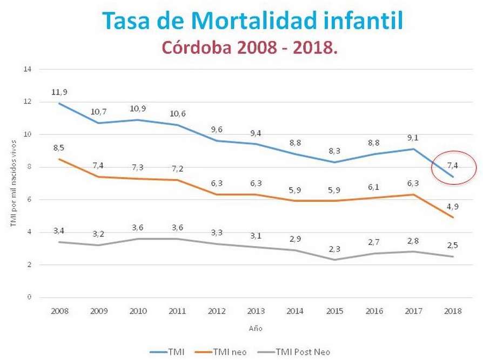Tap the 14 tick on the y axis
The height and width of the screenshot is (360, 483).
click(29, 69)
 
